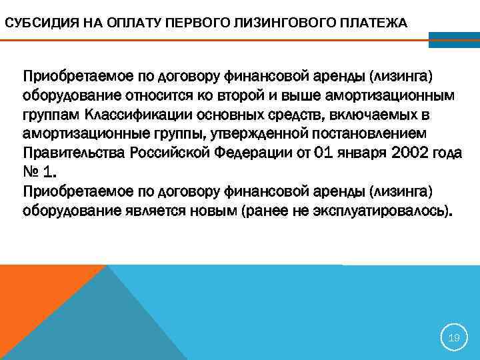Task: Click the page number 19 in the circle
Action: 454,338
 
